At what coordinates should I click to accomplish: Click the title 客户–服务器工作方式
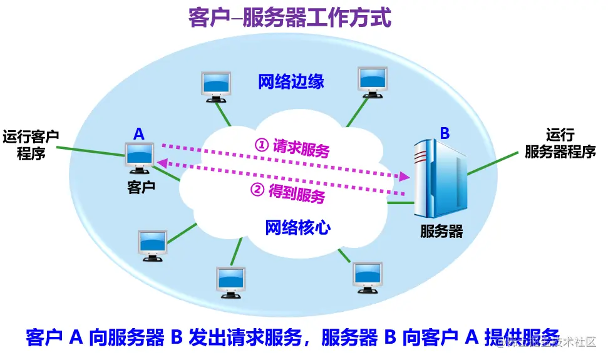click(290, 18)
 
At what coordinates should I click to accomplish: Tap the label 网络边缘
click(291, 81)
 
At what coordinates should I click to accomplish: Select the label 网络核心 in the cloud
click(298, 227)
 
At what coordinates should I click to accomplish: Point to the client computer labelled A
click(139, 157)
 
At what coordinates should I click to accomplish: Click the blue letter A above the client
click(139, 133)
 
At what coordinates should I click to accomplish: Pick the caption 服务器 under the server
click(441, 232)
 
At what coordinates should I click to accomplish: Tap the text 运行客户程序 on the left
click(31, 145)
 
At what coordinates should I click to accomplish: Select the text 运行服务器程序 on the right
click(560, 143)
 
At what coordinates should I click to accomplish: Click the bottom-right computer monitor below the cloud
click(368, 277)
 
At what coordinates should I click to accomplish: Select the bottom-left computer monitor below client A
click(152, 245)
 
